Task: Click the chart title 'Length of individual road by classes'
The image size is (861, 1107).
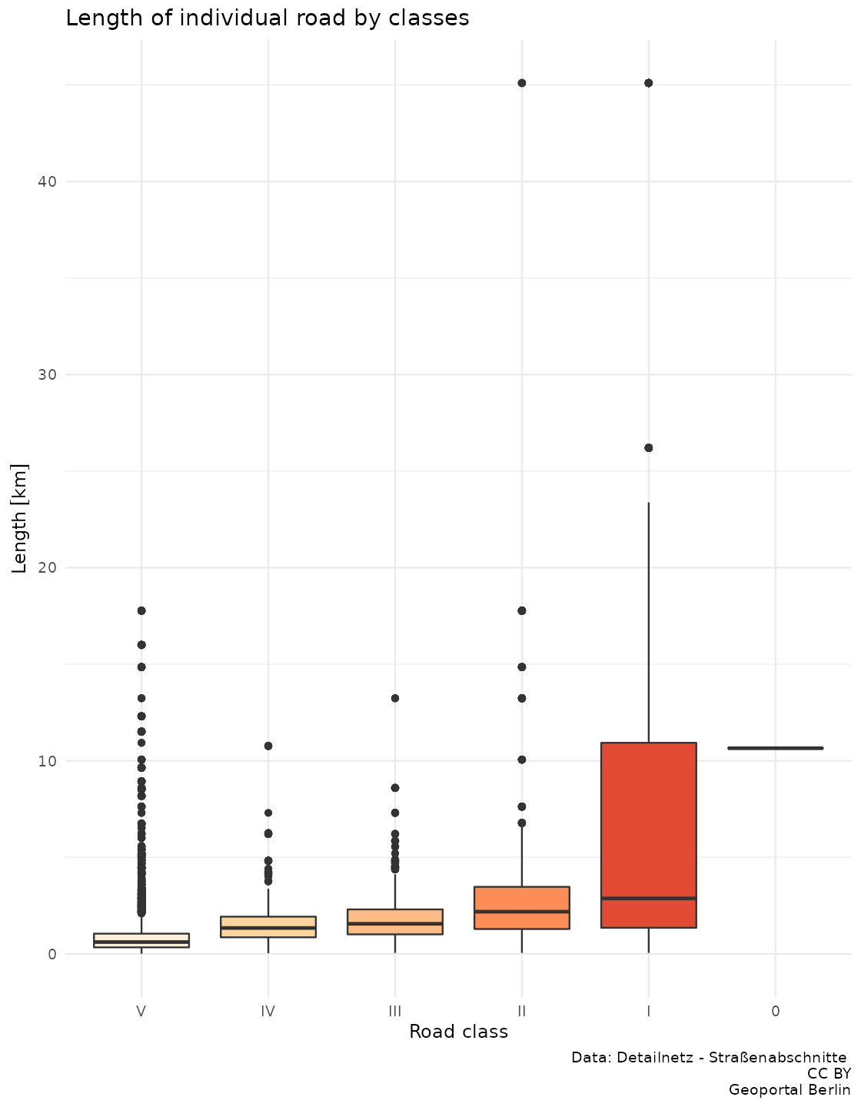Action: click(x=267, y=18)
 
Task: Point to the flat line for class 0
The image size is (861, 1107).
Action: click(x=775, y=748)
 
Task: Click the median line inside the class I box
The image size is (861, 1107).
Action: click(x=648, y=898)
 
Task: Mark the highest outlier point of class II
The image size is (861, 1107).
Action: click(x=522, y=83)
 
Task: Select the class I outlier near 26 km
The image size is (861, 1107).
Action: click(x=648, y=447)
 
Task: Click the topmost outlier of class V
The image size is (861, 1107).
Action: click(x=141, y=610)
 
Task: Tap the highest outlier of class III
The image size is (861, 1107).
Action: click(x=395, y=698)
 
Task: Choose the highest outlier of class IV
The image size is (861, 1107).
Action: click(x=268, y=746)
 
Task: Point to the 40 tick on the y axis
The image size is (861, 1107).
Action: click(x=48, y=181)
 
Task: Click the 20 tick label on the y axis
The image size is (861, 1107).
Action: click(x=48, y=568)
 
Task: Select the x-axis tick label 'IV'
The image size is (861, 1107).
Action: click(x=268, y=1012)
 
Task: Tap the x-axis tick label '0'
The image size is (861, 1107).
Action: click(x=775, y=1012)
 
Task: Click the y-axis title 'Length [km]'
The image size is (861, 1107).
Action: click(x=21, y=518)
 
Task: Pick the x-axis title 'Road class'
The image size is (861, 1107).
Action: click(x=458, y=1032)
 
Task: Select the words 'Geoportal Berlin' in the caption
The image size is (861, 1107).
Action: click(x=790, y=1090)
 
